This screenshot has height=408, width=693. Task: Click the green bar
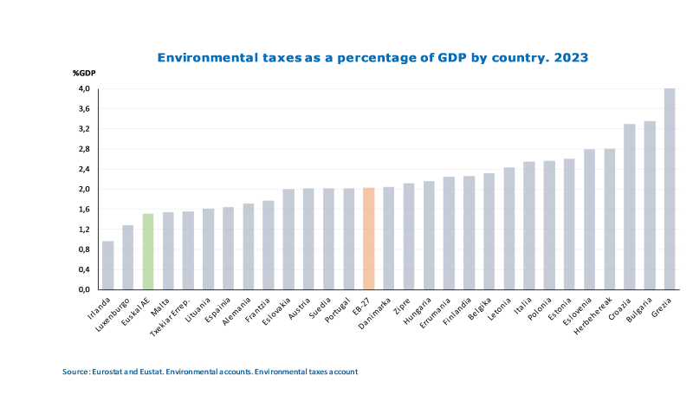[x=148, y=251]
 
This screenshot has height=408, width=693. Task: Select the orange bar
[x=369, y=238]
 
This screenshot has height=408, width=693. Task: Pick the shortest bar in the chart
[x=107, y=265]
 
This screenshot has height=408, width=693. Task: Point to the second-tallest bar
[x=650, y=204]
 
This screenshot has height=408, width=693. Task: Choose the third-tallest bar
[x=630, y=206]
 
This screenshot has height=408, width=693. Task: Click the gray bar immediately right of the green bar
[x=168, y=250]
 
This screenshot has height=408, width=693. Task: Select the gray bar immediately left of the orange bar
[x=349, y=238]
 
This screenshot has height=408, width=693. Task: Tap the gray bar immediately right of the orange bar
[x=389, y=237]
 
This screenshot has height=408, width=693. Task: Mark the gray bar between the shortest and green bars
[x=128, y=256]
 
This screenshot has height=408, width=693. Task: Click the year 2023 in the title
[x=571, y=58]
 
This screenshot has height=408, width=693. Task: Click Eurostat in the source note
[x=108, y=372]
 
